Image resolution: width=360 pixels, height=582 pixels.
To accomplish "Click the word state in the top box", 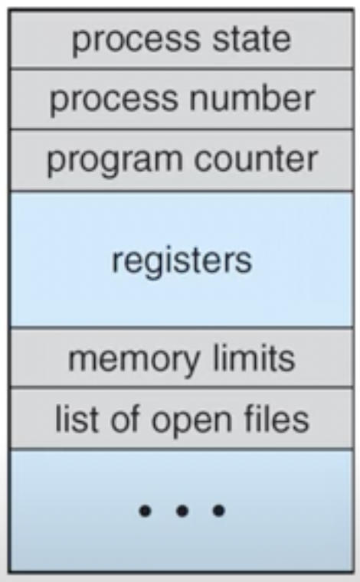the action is tap(251, 39).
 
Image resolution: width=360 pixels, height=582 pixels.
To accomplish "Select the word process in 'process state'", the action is tap(136, 42).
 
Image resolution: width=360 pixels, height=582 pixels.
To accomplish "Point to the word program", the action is tap(115, 162).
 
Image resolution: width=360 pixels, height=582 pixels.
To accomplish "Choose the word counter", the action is tap(256, 159).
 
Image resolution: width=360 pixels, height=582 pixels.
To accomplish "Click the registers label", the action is tap(182, 262).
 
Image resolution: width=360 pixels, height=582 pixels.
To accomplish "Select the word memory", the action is tap(134, 361).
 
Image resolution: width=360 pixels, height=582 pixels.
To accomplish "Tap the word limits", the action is tap(254, 358).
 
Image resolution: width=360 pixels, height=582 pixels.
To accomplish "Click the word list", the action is tap(77, 419).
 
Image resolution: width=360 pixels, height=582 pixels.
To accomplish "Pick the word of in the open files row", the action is tap(126, 419).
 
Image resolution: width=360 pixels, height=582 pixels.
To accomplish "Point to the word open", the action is tap(192, 423).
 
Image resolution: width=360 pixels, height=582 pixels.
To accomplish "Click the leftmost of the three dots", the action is tap(145, 511).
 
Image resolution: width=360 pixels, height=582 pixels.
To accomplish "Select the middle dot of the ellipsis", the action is tap(182, 511).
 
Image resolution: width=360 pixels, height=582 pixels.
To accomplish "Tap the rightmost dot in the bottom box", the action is tap(218, 511).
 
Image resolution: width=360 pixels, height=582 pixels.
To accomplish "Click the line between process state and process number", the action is tap(182, 69).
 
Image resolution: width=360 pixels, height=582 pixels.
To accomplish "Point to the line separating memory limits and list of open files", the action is tap(182, 387).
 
